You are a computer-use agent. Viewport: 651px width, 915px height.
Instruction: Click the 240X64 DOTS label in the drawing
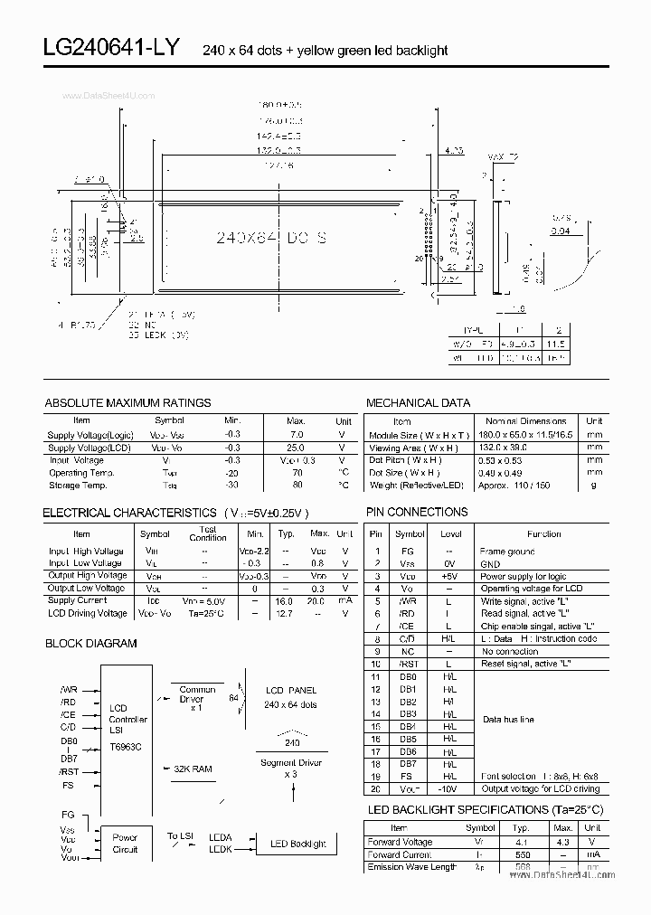[272, 238]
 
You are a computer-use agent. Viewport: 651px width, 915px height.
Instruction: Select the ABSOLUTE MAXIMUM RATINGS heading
[127, 403]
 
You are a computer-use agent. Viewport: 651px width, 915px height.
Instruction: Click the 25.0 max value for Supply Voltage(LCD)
[296, 448]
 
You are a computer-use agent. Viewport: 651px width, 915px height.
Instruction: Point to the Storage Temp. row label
[78, 486]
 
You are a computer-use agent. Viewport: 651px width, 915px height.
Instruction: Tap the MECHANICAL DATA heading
[418, 403]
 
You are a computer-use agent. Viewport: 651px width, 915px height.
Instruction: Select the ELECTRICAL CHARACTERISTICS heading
[129, 513]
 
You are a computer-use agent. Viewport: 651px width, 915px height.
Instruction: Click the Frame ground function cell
[507, 551]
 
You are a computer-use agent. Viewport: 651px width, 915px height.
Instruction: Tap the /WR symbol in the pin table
[410, 600]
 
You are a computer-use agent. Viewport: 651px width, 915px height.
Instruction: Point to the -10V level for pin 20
[450, 788]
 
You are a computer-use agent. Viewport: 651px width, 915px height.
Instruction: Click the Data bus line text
[508, 720]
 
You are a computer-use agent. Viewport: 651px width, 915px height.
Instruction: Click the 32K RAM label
[193, 769]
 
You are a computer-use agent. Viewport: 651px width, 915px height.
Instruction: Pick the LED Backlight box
[298, 844]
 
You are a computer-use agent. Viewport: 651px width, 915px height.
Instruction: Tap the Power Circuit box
[125, 844]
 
